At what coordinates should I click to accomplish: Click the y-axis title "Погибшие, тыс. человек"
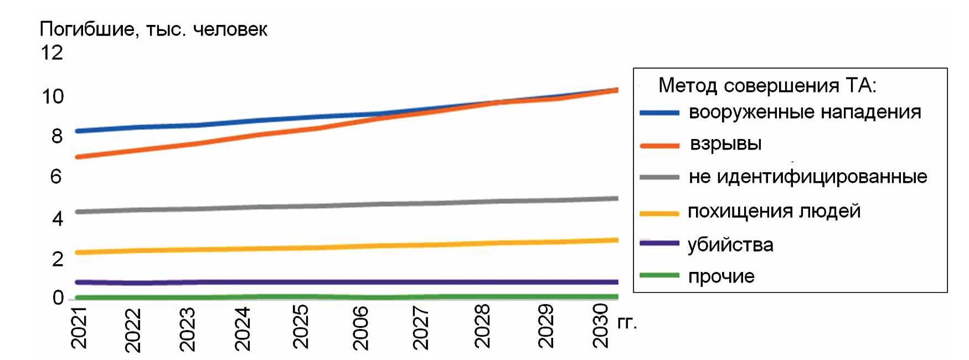(153, 29)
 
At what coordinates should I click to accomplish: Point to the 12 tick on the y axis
(52, 53)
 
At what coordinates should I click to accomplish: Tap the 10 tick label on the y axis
(53, 97)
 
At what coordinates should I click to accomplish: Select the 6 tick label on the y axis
(56, 177)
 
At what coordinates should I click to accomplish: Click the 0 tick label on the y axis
(58, 298)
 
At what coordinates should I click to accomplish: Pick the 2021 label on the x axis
(80, 328)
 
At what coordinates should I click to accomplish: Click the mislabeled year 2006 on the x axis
(360, 328)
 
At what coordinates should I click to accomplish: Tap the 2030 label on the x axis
(601, 326)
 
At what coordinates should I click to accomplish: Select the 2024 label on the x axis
(243, 329)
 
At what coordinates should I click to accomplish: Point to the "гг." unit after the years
(627, 322)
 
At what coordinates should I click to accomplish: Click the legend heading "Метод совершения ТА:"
(767, 86)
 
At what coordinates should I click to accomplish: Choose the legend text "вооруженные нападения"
(805, 112)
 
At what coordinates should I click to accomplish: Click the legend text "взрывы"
(725, 144)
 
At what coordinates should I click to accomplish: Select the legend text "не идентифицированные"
(808, 177)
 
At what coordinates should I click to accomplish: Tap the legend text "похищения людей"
(774, 211)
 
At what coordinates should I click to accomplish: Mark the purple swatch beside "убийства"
(659, 243)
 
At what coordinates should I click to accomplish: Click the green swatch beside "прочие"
(659, 275)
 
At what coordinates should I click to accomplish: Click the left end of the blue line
(78, 131)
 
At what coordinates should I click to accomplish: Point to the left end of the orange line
(78, 157)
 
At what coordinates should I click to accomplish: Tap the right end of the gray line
(616, 198)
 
